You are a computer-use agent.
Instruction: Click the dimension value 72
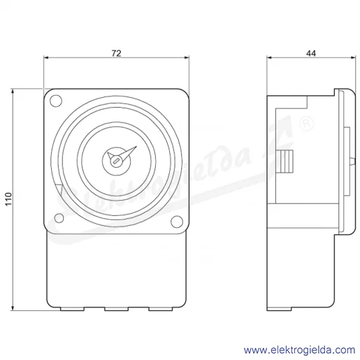[x=116, y=53]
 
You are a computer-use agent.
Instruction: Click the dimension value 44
[x=311, y=53]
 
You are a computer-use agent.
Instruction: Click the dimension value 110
[x=8, y=199]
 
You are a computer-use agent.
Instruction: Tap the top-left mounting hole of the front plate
[x=56, y=101]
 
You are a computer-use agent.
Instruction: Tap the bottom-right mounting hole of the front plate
[x=177, y=222]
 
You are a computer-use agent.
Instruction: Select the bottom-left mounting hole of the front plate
[x=59, y=218]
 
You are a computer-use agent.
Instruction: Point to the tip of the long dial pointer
[x=137, y=146]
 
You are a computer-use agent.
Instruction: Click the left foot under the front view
[x=72, y=309]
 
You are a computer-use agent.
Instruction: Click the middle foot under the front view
[x=116, y=309]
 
